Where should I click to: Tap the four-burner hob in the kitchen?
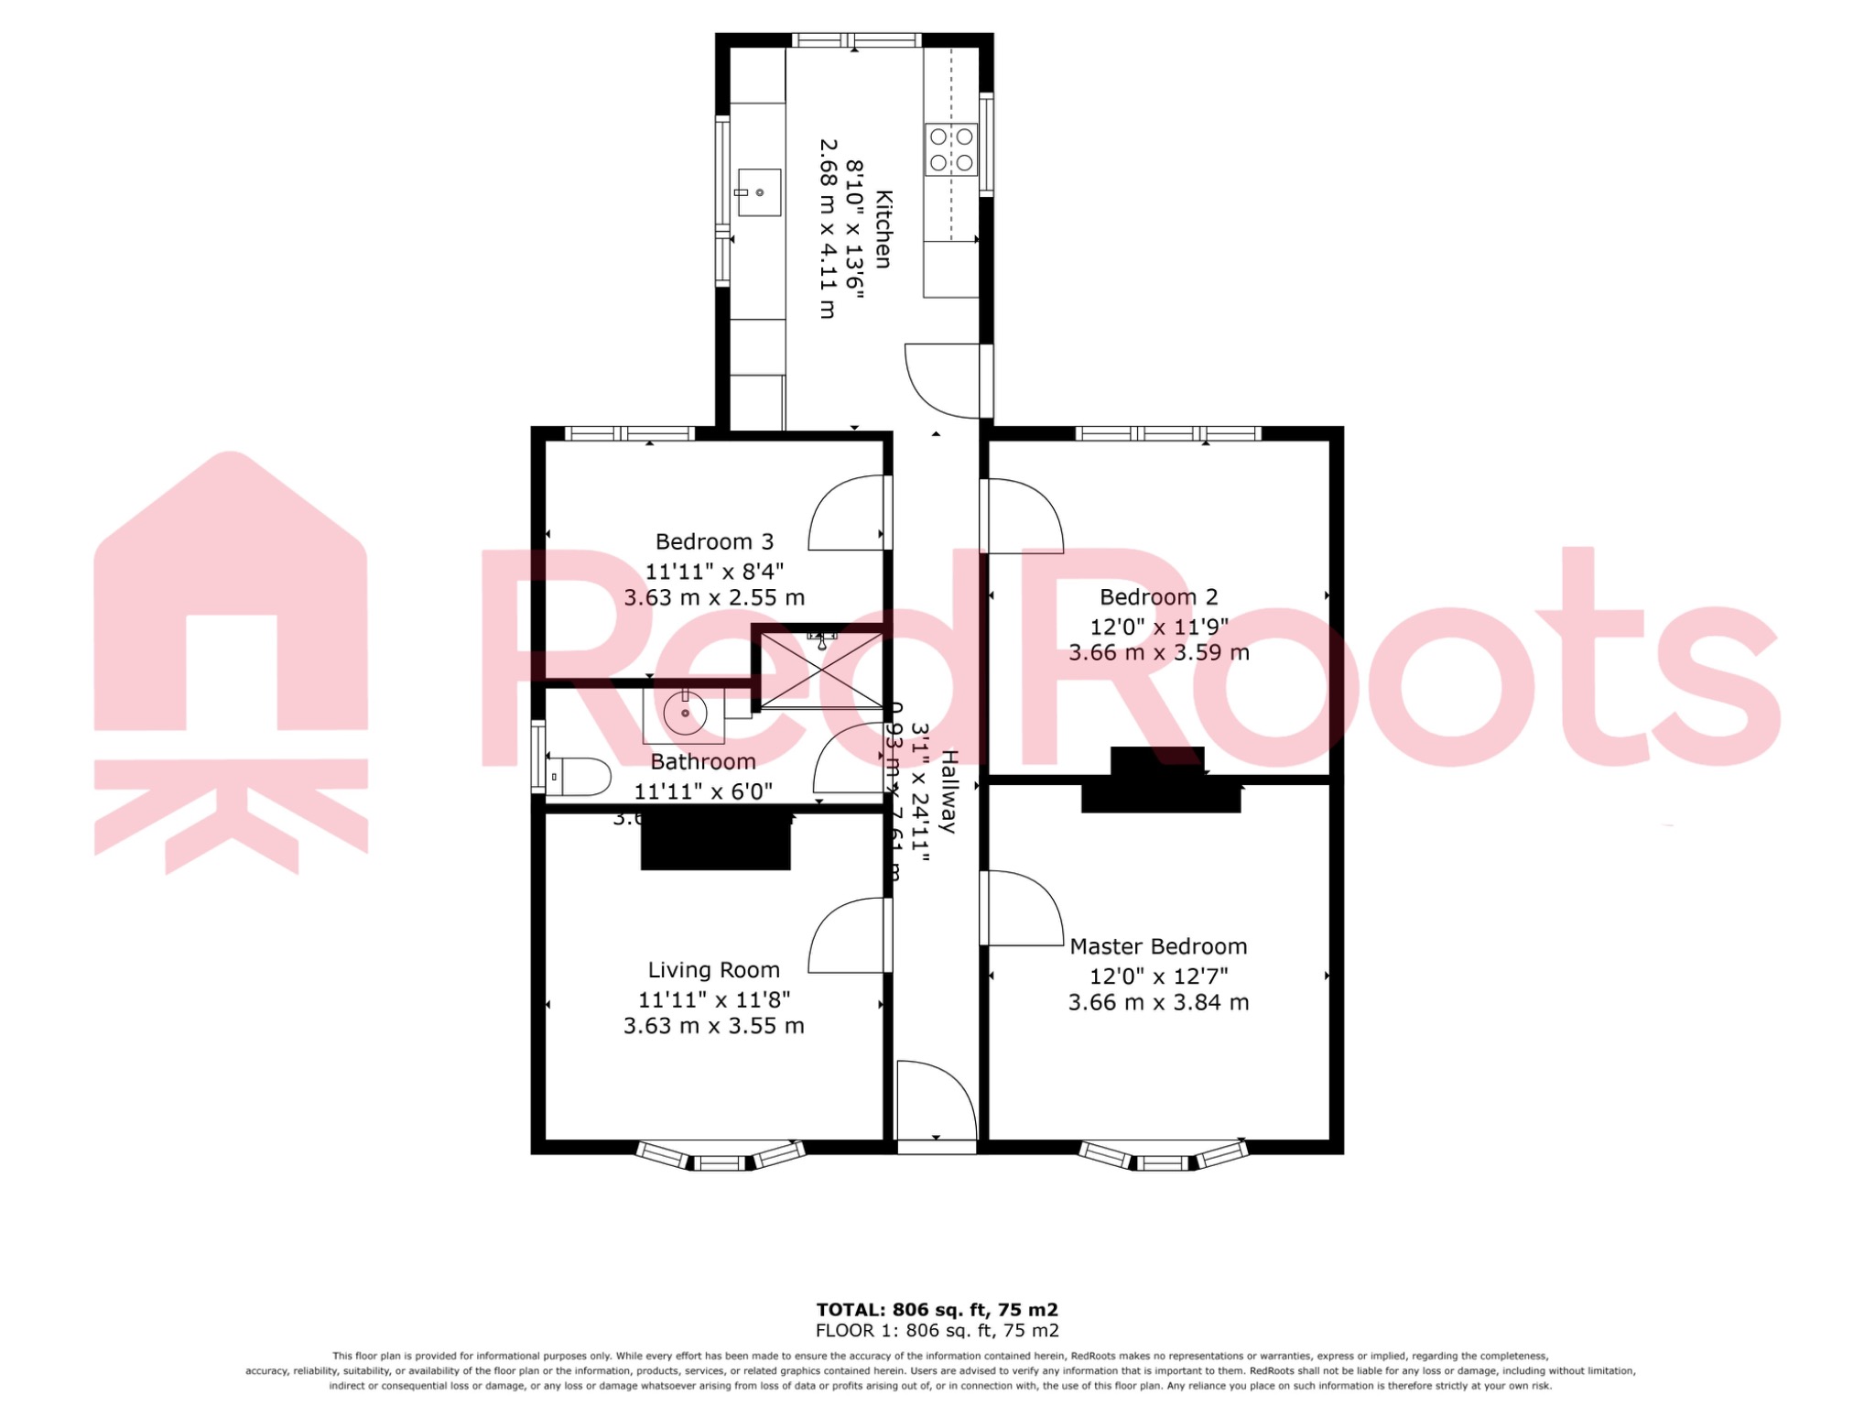951,150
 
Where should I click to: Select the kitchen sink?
759,192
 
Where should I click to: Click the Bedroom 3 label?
714,541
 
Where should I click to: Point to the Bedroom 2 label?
1158,597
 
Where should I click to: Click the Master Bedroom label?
1158,946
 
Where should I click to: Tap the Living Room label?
714,970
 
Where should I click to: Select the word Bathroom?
703,762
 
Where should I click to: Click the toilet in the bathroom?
579,777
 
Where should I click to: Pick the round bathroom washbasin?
685,714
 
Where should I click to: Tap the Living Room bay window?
720,1158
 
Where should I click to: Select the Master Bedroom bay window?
1163,1158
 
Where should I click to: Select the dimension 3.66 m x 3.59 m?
1158,653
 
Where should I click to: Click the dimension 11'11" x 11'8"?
714,999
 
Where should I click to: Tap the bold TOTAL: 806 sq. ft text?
937,1310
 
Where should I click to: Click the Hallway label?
949,791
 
